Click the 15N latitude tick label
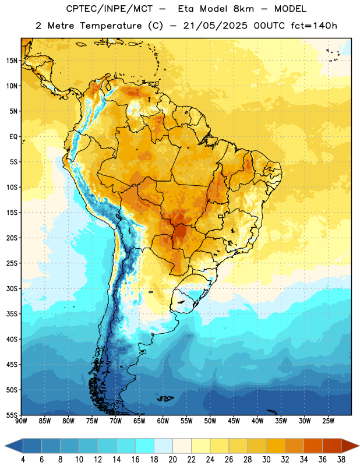(x=12, y=61)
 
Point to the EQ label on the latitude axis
(x=13, y=137)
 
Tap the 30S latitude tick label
(x=12, y=288)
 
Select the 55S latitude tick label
(x=12, y=415)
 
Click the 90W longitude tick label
(x=21, y=421)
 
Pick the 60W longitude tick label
(x=163, y=421)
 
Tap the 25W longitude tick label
(x=328, y=421)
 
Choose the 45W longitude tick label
(x=234, y=421)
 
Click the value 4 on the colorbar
(x=23, y=460)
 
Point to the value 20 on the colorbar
(x=172, y=460)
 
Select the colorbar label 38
(x=341, y=460)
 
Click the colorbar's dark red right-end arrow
(x=350, y=446)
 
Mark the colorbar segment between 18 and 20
(x=163, y=446)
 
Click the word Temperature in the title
(x=111, y=26)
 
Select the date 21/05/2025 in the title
(x=215, y=26)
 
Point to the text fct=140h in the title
(x=314, y=26)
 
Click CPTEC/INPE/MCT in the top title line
(x=110, y=9)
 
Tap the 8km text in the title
(x=243, y=9)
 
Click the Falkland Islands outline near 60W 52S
(x=165, y=398)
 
